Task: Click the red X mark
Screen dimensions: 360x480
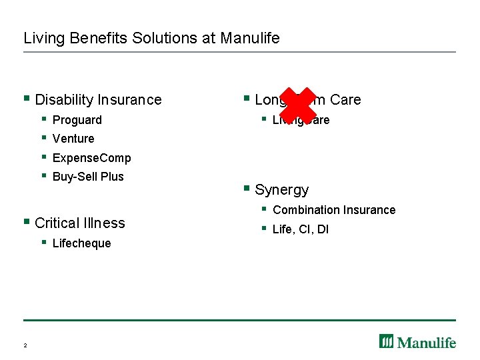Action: pyautogui.click(x=297, y=105)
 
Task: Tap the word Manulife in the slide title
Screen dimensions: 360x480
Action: pyautogui.click(x=250, y=38)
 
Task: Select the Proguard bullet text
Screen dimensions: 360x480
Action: pyautogui.click(x=77, y=120)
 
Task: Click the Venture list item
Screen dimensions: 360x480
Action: pyautogui.click(x=73, y=139)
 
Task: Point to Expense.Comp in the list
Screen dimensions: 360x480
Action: pyautogui.click(x=91, y=158)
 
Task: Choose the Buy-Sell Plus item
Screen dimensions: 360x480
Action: pyautogui.click(x=88, y=177)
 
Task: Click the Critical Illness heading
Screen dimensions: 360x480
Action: pyautogui.click(x=79, y=223)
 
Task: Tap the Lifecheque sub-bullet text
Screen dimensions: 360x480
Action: pyautogui.click(x=81, y=243)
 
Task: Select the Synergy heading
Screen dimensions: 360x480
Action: pyautogui.click(x=281, y=190)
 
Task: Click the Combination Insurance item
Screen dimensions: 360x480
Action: pyautogui.click(x=334, y=210)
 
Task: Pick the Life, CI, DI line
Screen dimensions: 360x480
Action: pyautogui.click(x=301, y=230)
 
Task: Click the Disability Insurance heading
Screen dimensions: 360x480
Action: pyautogui.click(x=98, y=100)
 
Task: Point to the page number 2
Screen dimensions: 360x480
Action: pyautogui.click(x=25, y=345)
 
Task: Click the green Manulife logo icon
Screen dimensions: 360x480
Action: pyautogui.click(x=387, y=341)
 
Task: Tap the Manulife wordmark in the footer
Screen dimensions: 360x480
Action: pyautogui.click(x=427, y=343)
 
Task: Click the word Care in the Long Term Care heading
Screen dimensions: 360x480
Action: pyautogui.click(x=345, y=100)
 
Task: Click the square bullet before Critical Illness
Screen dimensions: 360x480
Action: pyautogui.click(x=26, y=221)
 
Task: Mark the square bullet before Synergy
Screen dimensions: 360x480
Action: pyautogui.click(x=247, y=189)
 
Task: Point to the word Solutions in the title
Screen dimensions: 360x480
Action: pyautogui.click(x=162, y=38)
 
